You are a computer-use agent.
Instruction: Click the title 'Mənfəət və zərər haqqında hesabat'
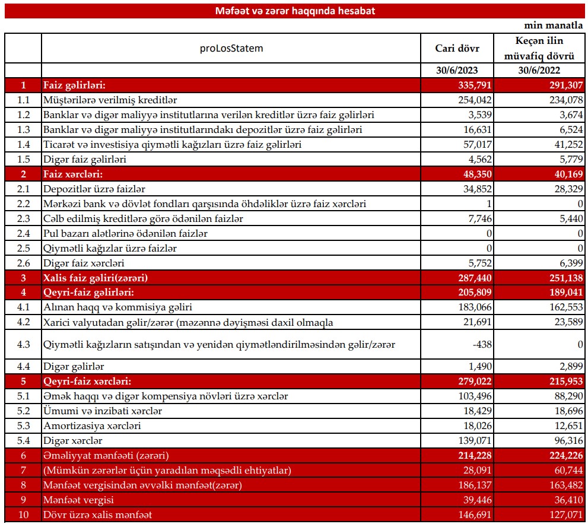click(294, 11)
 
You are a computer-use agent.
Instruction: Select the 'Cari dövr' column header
click(457, 49)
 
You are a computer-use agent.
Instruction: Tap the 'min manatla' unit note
click(554, 26)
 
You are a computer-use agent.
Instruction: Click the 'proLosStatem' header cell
click(231, 48)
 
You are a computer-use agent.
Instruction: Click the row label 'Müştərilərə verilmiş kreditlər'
click(110, 100)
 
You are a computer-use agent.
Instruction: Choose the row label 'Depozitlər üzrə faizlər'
click(94, 189)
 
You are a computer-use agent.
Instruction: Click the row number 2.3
click(23, 219)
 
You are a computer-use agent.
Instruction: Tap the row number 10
click(23, 515)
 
